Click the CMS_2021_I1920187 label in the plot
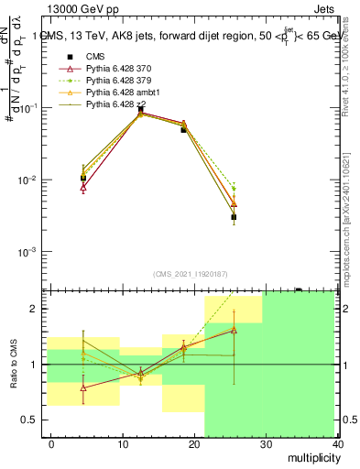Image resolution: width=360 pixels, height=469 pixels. click(x=189, y=274)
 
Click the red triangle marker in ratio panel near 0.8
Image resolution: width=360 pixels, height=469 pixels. click(x=83, y=387)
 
